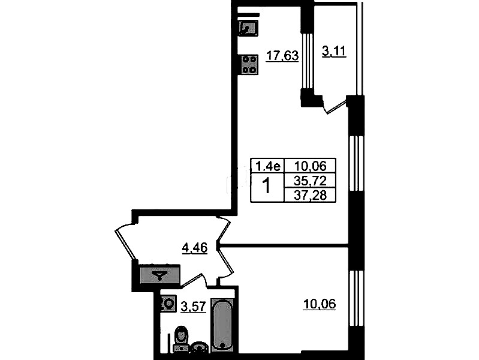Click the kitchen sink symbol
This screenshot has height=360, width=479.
[249, 28]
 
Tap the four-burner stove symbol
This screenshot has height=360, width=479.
[250, 65]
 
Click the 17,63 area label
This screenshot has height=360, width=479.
[282, 56]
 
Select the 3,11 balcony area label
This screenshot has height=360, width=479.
[334, 51]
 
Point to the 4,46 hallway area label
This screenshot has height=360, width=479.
[195, 247]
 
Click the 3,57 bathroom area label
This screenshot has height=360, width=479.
[194, 306]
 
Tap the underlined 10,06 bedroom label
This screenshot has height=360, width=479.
[319, 304]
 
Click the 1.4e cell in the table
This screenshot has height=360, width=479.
[267, 166]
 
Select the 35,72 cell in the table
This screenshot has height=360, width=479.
[310, 181]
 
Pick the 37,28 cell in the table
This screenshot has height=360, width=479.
[310, 195]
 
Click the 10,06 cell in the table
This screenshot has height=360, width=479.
[310, 166]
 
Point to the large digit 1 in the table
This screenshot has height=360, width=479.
[267, 186]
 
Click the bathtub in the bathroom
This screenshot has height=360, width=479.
[222, 325]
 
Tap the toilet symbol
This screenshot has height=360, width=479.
[181, 338]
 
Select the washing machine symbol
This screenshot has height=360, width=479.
[168, 304]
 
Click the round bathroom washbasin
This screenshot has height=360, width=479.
[200, 347]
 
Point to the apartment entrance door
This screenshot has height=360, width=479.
[126, 244]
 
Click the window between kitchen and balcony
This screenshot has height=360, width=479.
[308, 61]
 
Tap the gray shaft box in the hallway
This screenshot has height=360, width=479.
[159, 274]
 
